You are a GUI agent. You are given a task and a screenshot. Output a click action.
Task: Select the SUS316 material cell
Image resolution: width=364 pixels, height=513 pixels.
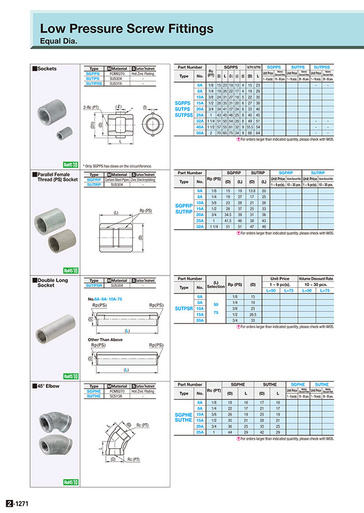[x=115, y=83]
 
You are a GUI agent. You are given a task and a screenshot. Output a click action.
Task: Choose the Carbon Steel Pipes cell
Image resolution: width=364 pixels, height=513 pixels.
[x=115, y=179]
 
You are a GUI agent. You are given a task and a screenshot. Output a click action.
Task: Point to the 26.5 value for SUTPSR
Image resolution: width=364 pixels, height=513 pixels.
[x=253, y=314]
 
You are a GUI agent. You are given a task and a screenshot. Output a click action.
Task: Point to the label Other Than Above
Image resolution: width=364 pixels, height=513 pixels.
[x=105, y=339]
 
